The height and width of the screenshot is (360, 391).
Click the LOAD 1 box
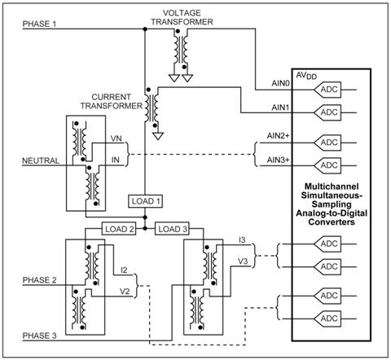tap(145, 201)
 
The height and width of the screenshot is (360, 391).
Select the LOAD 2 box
tap(119, 229)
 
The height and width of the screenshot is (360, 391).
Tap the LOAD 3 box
tap(173, 229)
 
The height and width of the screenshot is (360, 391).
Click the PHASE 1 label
tap(39, 24)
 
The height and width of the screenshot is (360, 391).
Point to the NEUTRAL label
tap(41, 160)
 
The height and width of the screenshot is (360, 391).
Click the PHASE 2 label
tap(39, 280)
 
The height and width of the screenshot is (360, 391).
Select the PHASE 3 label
tap(39, 336)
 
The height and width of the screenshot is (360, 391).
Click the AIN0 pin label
tap(280, 83)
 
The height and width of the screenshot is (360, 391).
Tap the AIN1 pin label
tap(280, 108)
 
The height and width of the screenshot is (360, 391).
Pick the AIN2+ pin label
tap(279, 135)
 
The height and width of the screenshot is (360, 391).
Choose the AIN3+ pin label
tap(279, 160)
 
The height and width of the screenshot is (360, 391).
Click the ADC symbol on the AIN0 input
tap(327, 90)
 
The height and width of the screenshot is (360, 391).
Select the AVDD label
tap(306, 76)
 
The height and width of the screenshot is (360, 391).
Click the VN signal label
tap(116, 138)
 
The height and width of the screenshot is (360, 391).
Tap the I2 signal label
tap(124, 270)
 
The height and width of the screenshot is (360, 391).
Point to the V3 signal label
tap(243, 261)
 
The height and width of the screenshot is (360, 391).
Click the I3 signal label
tap(242, 239)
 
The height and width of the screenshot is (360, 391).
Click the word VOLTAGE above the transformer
tap(182, 13)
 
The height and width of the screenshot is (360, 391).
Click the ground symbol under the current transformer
tap(158, 136)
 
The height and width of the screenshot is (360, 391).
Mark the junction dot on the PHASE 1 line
tap(145, 29)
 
